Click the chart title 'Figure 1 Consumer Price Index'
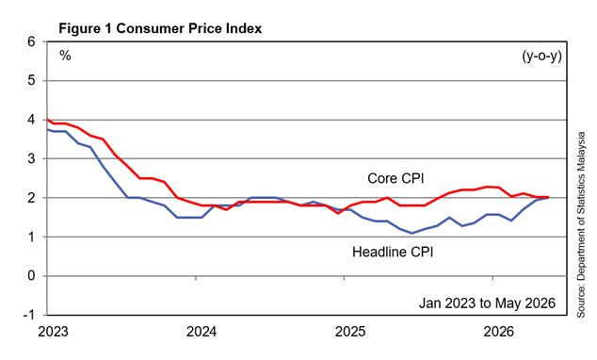[x=160, y=28]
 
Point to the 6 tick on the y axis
[x=31, y=41]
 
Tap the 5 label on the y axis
[x=31, y=80]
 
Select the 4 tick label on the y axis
[x=31, y=120]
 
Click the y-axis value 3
[x=31, y=158]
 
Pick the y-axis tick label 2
[x=31, y=198]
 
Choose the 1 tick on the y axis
[x=31, y=237]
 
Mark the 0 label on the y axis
[x=31, y=276]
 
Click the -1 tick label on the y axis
[x=29, y=315]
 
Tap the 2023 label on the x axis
[x=53, y=332]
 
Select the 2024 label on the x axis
[x=202, y=332]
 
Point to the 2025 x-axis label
[x=350, y=332]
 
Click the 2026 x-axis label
[x=498, y=332]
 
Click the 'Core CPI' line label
[x=395, y=178]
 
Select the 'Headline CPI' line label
[x=393, y=252]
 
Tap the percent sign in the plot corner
[x=65, y=56]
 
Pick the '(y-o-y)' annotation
[x=541, y=57]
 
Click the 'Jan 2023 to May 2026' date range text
[x=488, y=303]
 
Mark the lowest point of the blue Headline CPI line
[x=411, y=233]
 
